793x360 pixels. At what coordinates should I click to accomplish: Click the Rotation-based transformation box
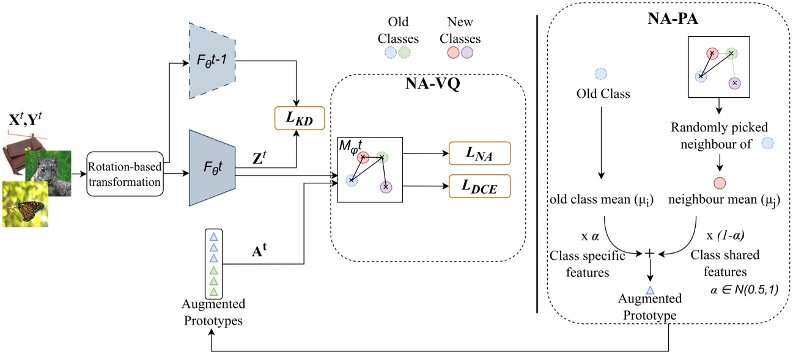pyautogui.click(x=126, y=174)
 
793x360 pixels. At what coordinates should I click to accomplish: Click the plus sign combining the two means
pyautogui.click(x=650, y=252)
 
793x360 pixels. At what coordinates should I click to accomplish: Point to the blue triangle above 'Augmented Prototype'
pyautogui.click(x=651, y=290)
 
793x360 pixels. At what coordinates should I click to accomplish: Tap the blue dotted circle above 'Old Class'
pyautogui.click(x=600, y=74)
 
